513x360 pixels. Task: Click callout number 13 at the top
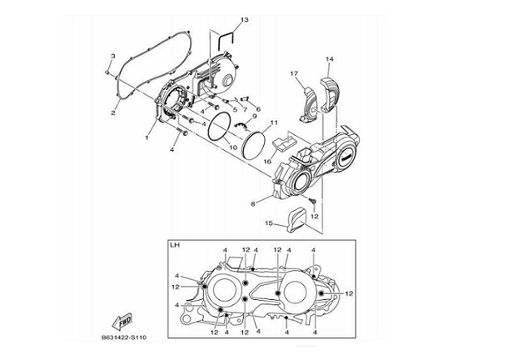coord(221,19)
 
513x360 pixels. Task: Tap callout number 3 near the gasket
coord(113,55)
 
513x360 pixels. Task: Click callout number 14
coord(329,59)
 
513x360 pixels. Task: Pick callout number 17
coord(294,74)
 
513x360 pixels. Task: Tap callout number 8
coord(252,202)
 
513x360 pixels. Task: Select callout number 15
coord(268,223)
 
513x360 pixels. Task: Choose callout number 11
coord(272,123)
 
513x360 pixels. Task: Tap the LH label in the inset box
coord(175,246)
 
